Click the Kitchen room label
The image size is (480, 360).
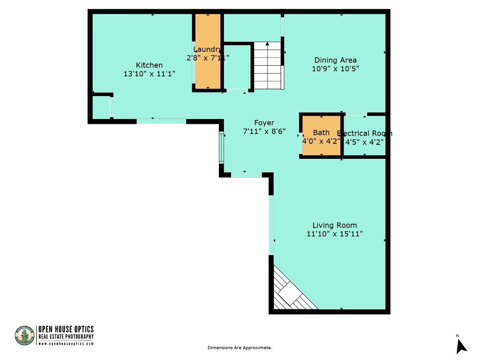(149, 65)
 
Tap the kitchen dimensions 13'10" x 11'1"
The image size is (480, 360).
(149, 74)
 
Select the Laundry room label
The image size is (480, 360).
(207, 49)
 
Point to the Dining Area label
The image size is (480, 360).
(335, 60)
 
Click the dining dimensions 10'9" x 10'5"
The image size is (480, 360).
(335, 68)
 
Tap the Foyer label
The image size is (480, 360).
(264, 123)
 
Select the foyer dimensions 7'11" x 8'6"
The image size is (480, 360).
(264, 132)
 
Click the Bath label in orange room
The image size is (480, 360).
(321, 133)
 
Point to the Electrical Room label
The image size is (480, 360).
(365, 133)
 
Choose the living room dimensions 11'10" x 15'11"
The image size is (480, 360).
(335, 233)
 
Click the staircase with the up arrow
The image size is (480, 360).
(268, 65)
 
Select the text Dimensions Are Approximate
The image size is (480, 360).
(240, 348)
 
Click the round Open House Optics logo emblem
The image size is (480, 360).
(25, 336)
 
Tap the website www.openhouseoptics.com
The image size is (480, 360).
(66, 344)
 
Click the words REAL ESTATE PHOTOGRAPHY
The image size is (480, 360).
(66, 337)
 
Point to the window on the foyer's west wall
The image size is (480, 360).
(221, 148)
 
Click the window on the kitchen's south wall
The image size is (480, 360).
(161, 121)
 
